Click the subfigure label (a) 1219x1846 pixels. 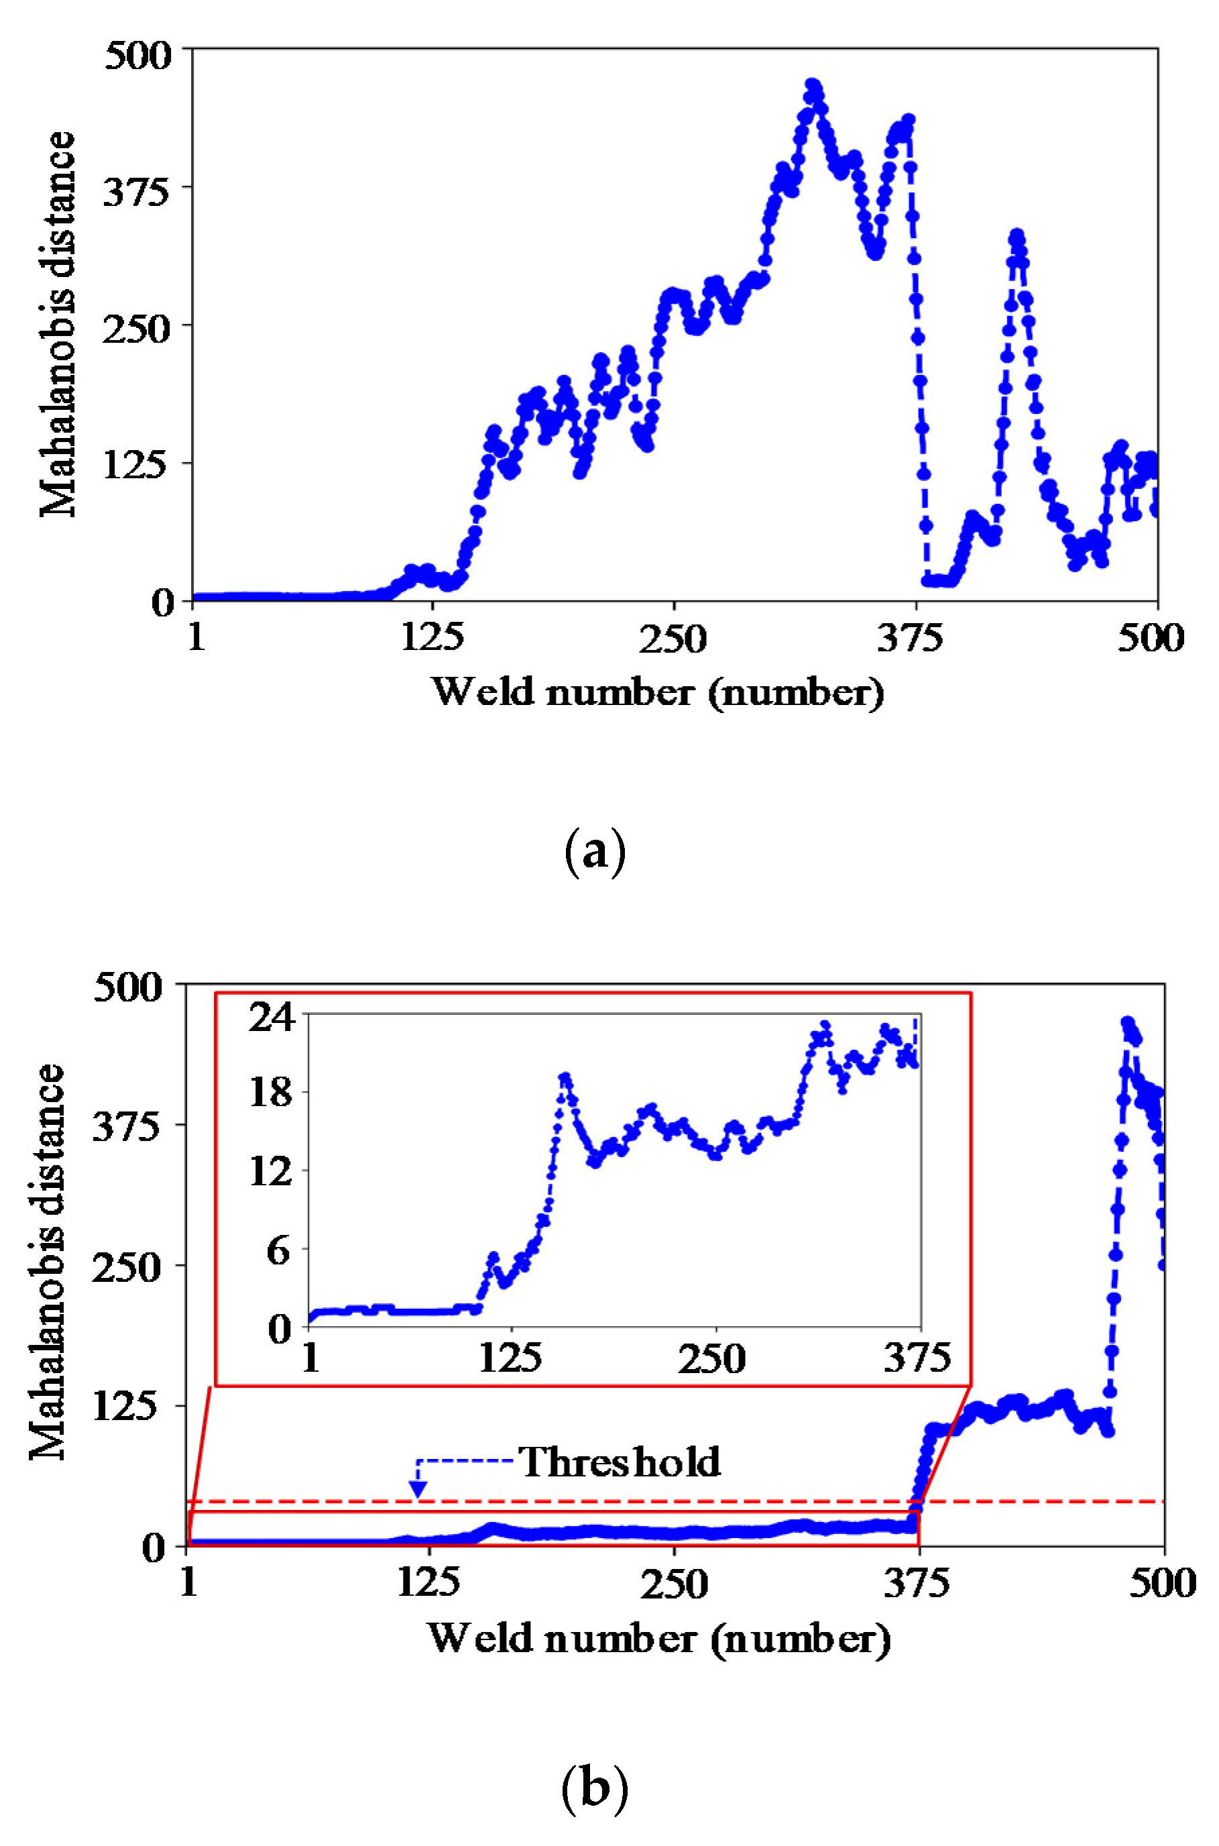click(594, 853)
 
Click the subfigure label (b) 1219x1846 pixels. click(594, 1789)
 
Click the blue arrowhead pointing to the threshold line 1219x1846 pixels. click(418, 1489)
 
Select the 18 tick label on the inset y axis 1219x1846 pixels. click(272, 1093)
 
